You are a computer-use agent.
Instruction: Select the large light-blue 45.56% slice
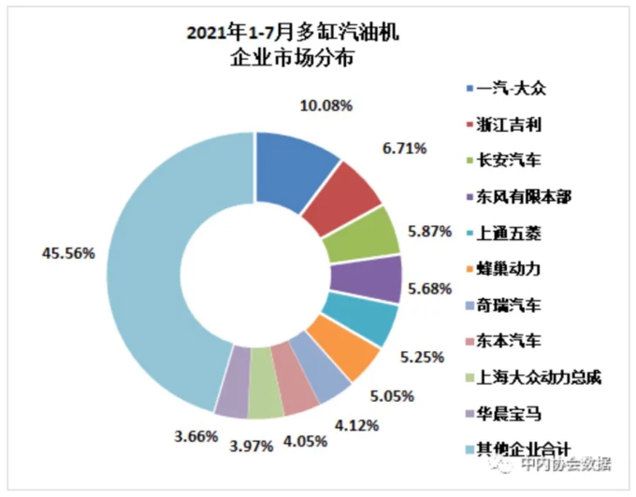[154, 271]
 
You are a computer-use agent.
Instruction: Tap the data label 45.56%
[68, 252]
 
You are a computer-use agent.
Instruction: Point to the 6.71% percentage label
[405, 148]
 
